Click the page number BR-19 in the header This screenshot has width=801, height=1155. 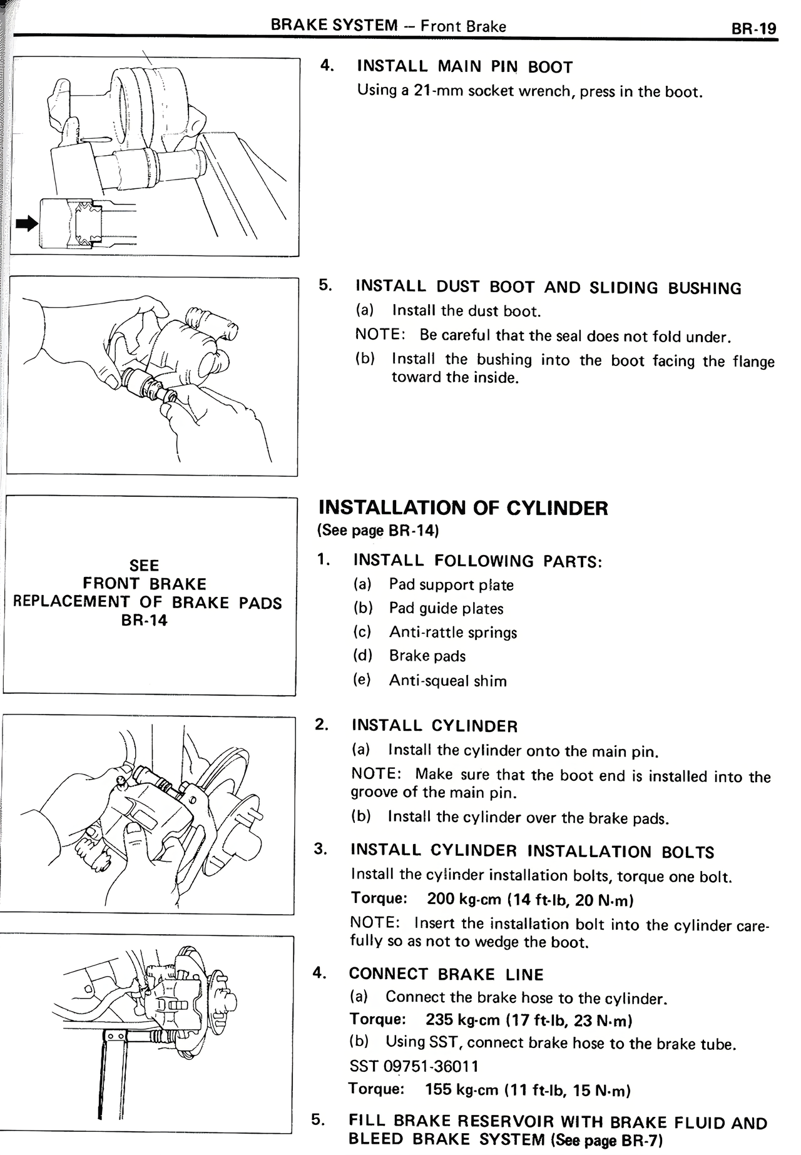[753, 29]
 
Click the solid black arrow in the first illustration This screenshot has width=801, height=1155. [27, 223]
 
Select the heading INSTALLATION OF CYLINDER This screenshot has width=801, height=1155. [463, 507]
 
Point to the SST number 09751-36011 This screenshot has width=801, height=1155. [414, 1066]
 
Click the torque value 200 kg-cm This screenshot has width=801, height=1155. [464, 899]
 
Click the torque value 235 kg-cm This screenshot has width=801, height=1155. [463, 1020]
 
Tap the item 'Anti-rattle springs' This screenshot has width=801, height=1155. [452, 632]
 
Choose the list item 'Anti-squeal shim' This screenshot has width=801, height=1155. [447, 680]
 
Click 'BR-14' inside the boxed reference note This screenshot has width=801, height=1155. [145, 621]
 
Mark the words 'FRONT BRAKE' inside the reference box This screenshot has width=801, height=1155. [145, 584]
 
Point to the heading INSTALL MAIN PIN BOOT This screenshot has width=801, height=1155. [464, 66]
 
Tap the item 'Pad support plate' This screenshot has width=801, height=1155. [451, 584]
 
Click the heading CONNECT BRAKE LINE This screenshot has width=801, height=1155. [446, 974]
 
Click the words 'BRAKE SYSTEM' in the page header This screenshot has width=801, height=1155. [334, 26]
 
